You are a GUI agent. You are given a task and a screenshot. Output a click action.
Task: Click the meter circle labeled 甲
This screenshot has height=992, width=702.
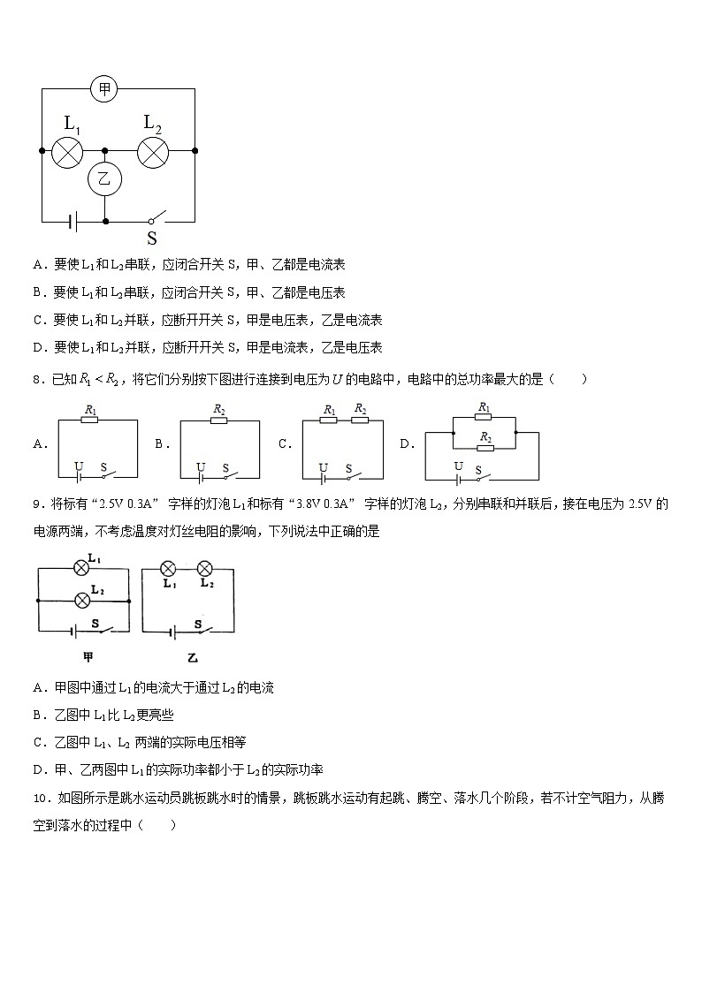(104, 88)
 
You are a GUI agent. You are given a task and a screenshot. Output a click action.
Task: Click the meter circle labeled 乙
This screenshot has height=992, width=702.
(105, 179)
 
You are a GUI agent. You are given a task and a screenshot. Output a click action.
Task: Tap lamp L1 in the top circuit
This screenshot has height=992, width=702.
(67, 152)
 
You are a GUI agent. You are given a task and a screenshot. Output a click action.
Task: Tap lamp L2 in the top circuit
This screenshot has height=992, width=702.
(153, 152)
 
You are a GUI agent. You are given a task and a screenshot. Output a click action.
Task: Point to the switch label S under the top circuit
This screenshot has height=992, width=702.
(152, 239)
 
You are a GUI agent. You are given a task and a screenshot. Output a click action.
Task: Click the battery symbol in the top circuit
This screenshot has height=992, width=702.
(73, 220)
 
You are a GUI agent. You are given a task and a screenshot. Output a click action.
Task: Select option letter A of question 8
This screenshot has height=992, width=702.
(39, 444)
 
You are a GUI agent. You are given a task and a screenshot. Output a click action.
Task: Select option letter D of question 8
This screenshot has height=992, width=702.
(407, 444)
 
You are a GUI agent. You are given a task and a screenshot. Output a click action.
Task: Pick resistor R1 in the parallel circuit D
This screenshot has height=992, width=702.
(484, 420)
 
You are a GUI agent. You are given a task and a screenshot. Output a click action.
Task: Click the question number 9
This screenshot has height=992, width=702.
(36, 504)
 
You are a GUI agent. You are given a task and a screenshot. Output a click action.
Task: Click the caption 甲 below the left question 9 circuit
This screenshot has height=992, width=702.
(88, 657)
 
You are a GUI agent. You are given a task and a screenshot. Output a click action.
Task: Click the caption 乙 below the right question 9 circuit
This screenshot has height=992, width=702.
(193, 657)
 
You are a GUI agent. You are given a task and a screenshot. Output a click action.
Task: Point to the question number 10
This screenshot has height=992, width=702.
(40, 799)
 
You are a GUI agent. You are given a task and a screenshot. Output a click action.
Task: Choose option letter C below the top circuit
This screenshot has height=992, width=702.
(38, 320)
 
